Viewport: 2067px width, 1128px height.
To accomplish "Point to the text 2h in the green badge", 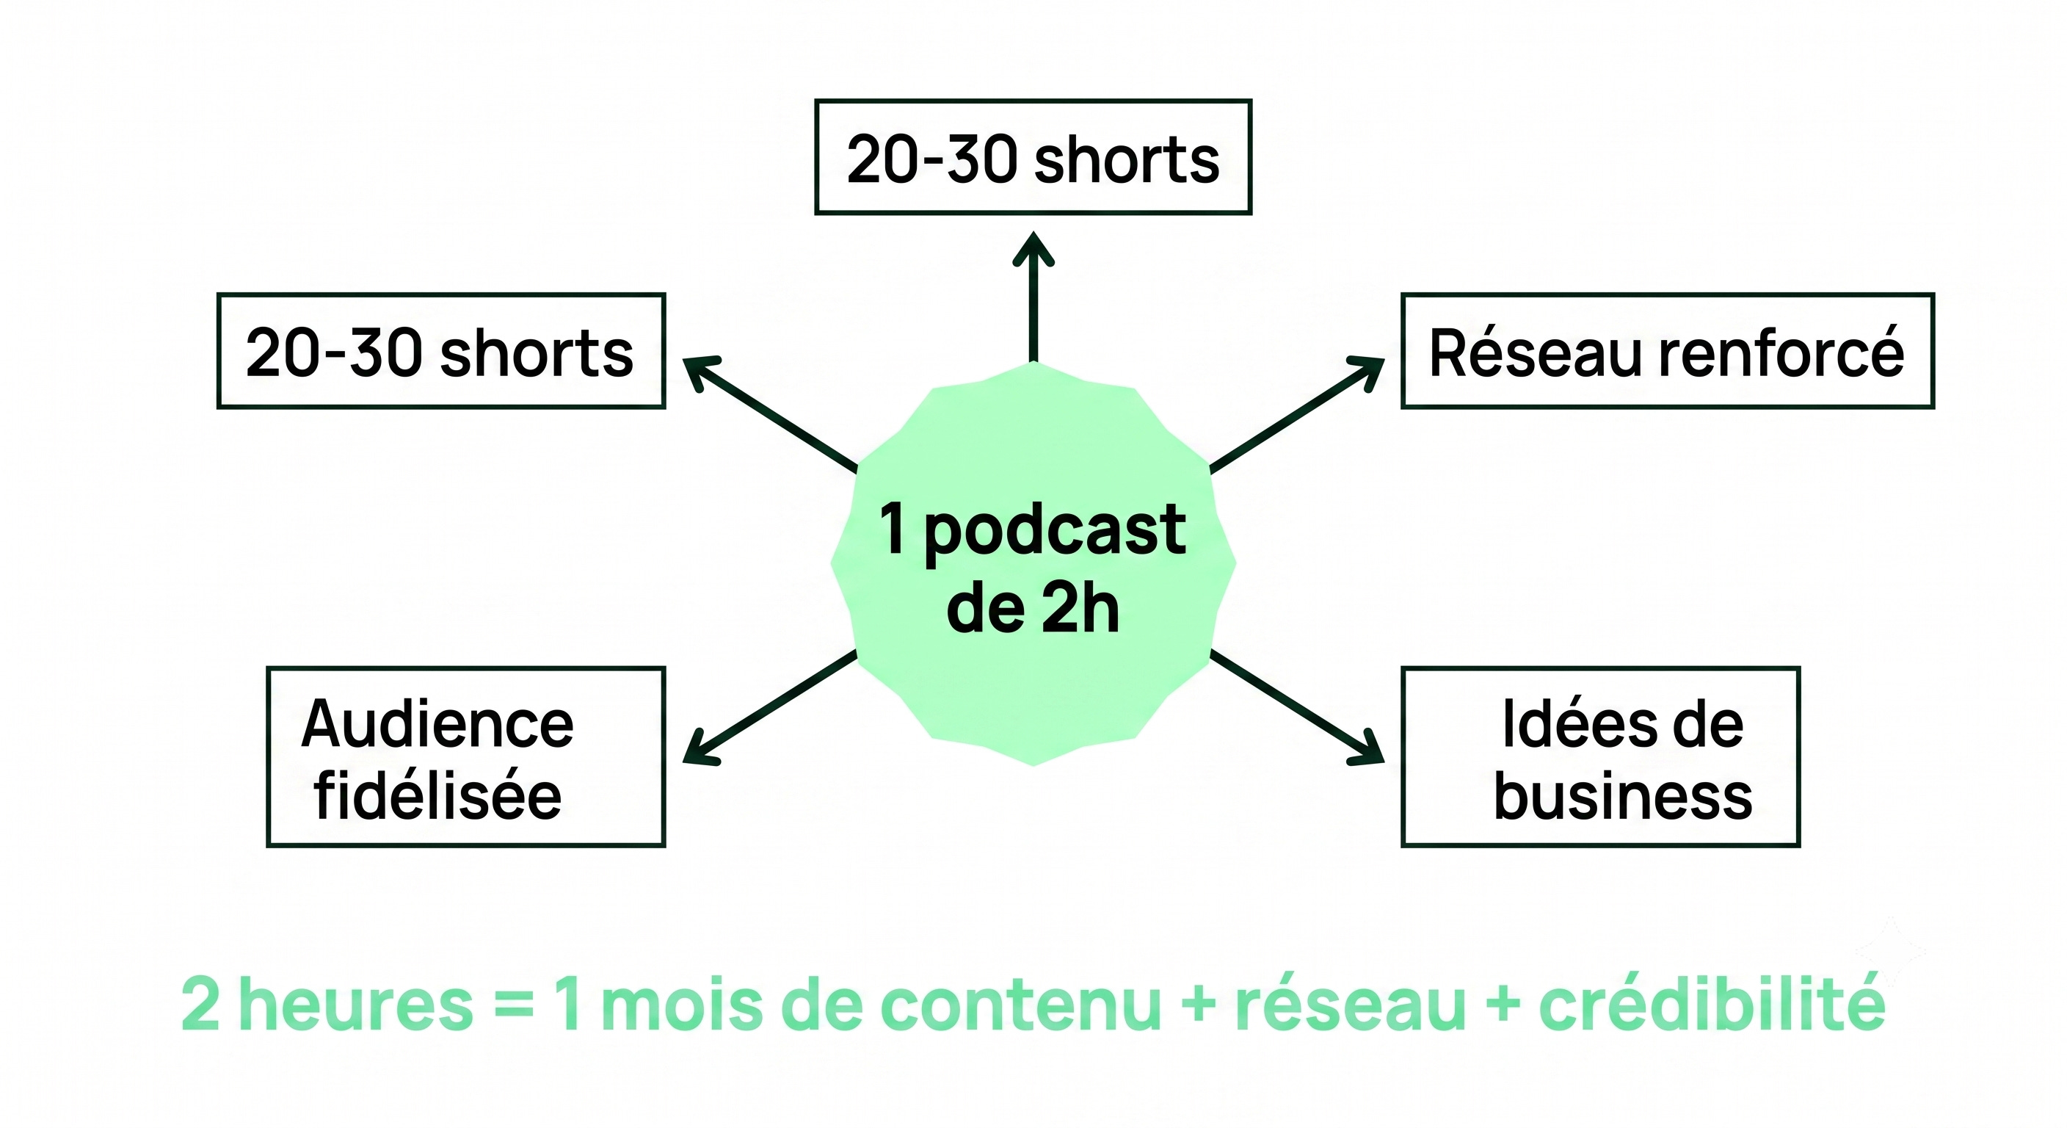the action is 1079,609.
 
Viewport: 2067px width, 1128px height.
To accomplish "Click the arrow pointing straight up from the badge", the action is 1033,297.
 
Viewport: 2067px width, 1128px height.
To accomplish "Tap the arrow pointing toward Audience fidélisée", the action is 769,707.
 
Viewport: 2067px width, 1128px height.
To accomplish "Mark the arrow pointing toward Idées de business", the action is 1297,707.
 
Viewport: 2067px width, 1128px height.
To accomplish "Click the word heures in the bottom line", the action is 355,1005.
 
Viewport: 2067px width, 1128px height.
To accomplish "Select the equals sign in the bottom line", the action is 515,1006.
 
